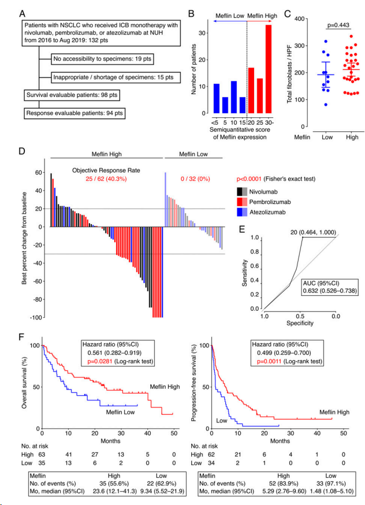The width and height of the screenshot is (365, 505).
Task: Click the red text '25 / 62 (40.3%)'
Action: (x=103, y=179)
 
